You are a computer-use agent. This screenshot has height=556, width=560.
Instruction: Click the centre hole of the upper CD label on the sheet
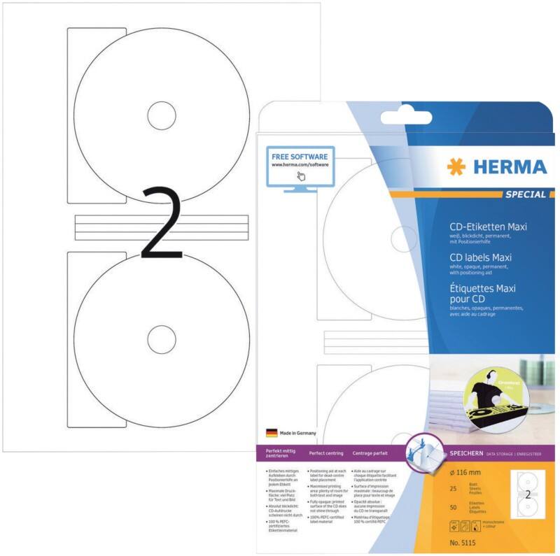point(161,113)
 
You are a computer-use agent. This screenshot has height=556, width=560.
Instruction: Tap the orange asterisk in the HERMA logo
point(456,167)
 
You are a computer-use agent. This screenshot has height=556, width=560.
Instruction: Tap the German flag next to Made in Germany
point(272,433)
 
